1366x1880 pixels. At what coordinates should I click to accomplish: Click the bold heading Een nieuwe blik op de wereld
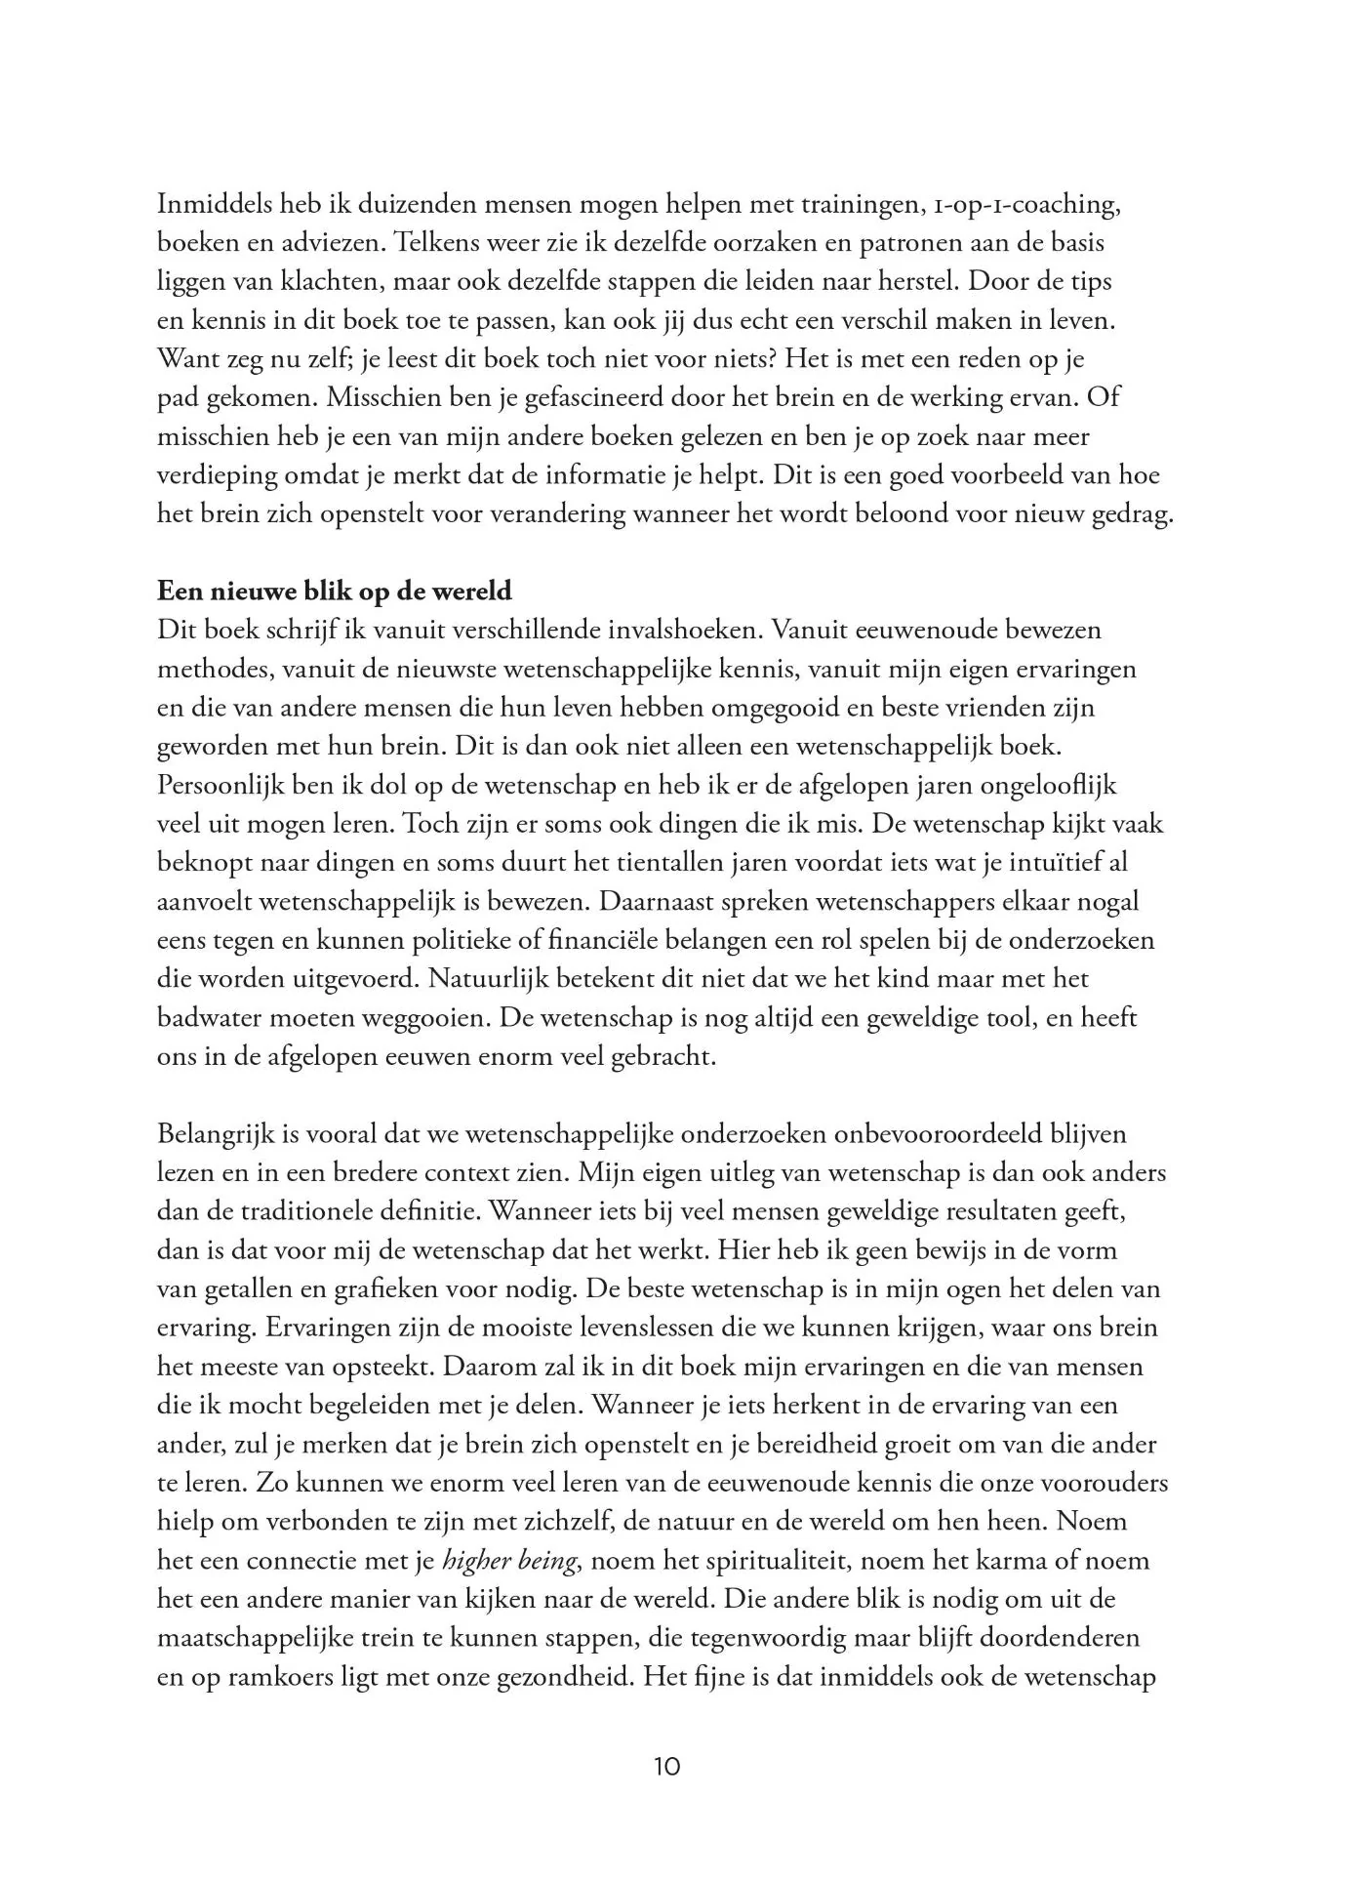[x=335, y=592]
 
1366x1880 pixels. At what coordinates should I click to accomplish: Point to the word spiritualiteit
[x=750, y=1561]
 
